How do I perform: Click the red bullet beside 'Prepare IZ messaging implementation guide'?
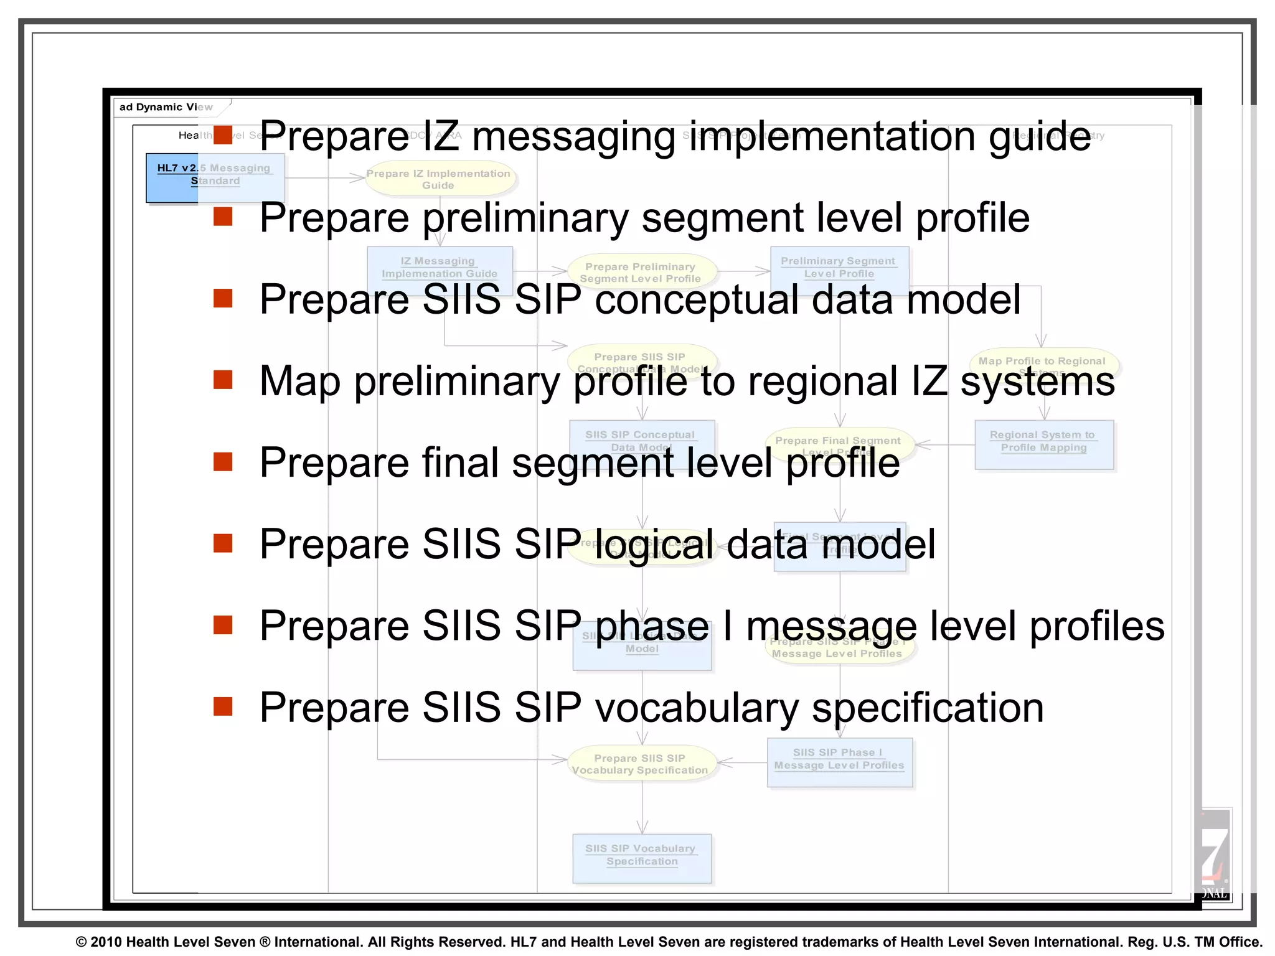point(222,134)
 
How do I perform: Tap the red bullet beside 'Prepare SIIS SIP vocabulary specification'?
point(222,706)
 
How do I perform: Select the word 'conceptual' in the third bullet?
point(697,300)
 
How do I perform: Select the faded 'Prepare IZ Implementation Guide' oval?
point(438,179)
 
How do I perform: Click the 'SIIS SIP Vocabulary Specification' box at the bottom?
point(641,858)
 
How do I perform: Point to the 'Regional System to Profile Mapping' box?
point(1043,444)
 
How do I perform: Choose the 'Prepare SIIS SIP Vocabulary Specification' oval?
point(640,764)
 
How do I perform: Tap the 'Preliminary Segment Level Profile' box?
point(839,268)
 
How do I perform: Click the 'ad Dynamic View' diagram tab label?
point(166,107)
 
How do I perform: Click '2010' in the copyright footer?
point(106,942)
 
